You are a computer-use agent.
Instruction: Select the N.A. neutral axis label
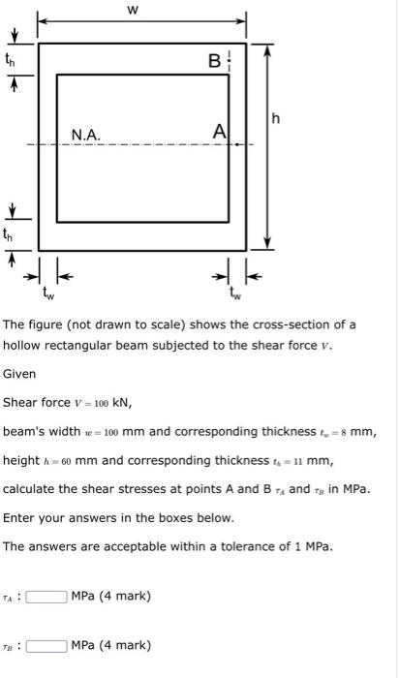86,136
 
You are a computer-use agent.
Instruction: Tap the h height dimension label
277,118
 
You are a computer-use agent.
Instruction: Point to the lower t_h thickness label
13,234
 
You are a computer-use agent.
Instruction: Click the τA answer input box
46,596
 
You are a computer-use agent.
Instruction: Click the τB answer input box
46,645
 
